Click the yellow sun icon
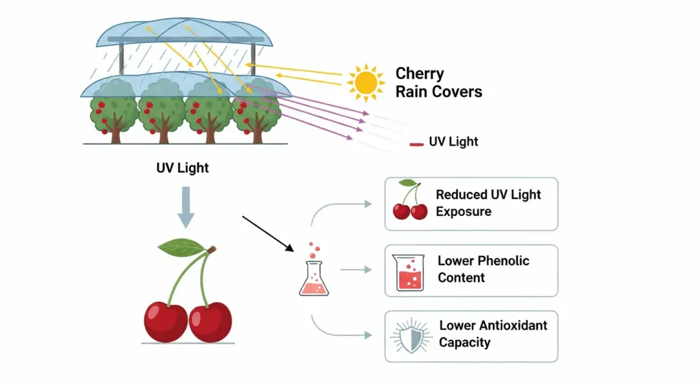(366, 83)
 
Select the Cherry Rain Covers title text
(438, 83)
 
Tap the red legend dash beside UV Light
(416, 144)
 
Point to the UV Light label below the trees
(183, 167)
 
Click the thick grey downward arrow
(184, 208)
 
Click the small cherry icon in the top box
(409, 202)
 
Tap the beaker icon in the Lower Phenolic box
(409, 272)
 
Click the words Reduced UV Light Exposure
(488, 203)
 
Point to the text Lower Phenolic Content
(483, 269)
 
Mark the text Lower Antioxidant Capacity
(493, 333)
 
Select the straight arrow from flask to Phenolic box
(355, 270)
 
